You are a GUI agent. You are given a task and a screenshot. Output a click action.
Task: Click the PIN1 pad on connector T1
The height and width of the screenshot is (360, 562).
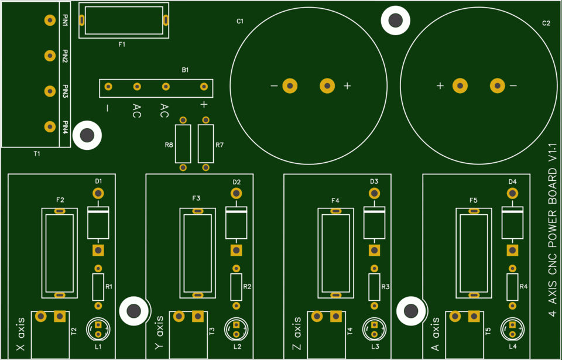point(49,20)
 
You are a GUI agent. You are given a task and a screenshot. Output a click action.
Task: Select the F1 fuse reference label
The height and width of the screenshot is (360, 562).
point(122,44)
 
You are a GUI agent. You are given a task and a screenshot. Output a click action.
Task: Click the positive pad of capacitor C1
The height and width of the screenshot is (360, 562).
point(327,86)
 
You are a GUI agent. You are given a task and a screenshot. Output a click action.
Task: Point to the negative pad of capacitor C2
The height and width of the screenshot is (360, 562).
point(497,86)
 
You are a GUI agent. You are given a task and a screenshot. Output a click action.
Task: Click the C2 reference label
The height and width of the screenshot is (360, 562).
point(546,23)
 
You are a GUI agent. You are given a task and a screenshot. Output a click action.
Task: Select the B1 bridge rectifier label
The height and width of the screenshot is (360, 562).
point(185,70)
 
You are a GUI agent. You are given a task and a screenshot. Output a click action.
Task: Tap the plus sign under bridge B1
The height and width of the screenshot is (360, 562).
point(204,105)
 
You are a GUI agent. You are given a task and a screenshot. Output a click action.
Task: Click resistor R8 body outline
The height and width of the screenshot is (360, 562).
point(183,144)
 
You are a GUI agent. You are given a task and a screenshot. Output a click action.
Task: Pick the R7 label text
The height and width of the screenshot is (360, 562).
point(220,145)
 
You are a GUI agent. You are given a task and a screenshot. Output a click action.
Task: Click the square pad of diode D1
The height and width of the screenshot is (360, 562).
point(98,251)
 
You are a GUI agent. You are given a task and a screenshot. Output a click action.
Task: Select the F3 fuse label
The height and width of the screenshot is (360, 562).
point(197,199)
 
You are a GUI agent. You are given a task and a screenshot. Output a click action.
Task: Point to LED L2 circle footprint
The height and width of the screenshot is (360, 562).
point(236,329)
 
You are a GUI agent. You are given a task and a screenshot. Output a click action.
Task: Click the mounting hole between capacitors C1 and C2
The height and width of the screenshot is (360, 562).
point(395,21)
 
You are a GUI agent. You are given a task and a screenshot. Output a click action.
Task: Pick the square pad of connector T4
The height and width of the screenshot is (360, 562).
point(336,317)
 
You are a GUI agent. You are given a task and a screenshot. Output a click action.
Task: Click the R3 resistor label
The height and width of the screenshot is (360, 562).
point(385,287)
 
